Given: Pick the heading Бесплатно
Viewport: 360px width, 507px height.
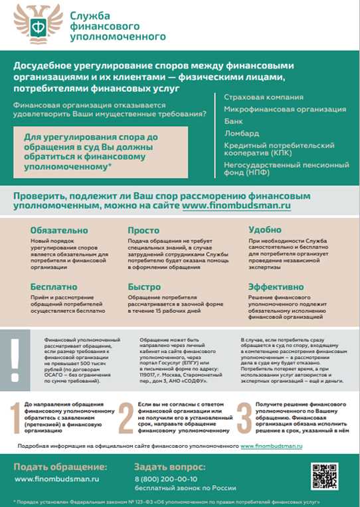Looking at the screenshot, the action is pos(53,286).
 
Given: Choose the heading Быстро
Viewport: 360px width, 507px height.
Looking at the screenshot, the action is pos(144,286).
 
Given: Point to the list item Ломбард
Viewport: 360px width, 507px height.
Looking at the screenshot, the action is pos(241,133).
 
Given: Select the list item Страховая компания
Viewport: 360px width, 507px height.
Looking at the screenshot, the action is pos(264,97).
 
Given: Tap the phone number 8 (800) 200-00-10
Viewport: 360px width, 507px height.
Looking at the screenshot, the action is pos(165,478).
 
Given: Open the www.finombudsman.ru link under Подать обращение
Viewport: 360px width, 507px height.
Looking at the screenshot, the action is pos(56,478).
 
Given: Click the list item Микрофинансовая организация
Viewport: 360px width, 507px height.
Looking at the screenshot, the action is pos(285,109).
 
